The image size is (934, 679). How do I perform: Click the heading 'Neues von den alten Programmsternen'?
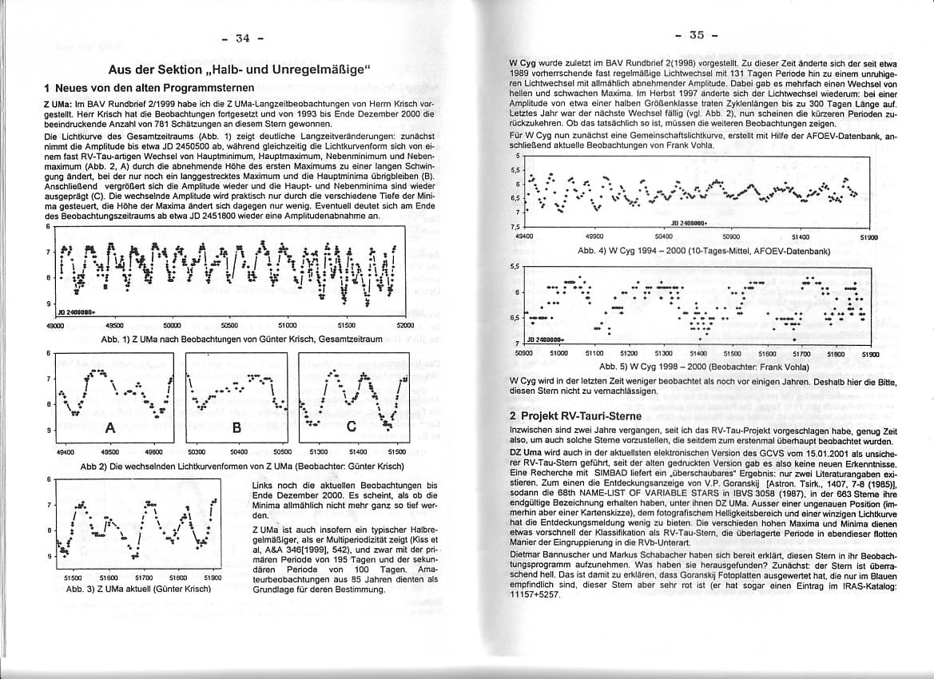(x=149, y=87)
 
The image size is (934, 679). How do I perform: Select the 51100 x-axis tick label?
(x=594, y=352)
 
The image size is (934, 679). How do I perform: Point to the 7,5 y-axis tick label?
(x=516, y=226)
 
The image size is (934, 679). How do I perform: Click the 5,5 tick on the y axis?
(x=515, y=267)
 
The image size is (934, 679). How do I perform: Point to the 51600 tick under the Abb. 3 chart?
(x=109, y=577)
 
